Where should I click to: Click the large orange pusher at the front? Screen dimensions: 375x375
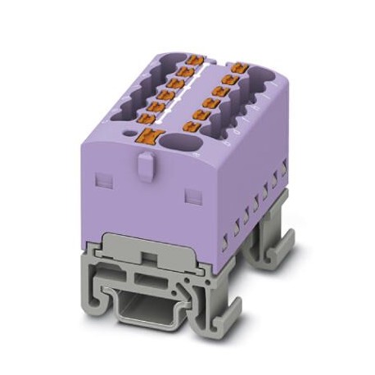149,137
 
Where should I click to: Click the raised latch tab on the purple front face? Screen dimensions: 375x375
144,169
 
